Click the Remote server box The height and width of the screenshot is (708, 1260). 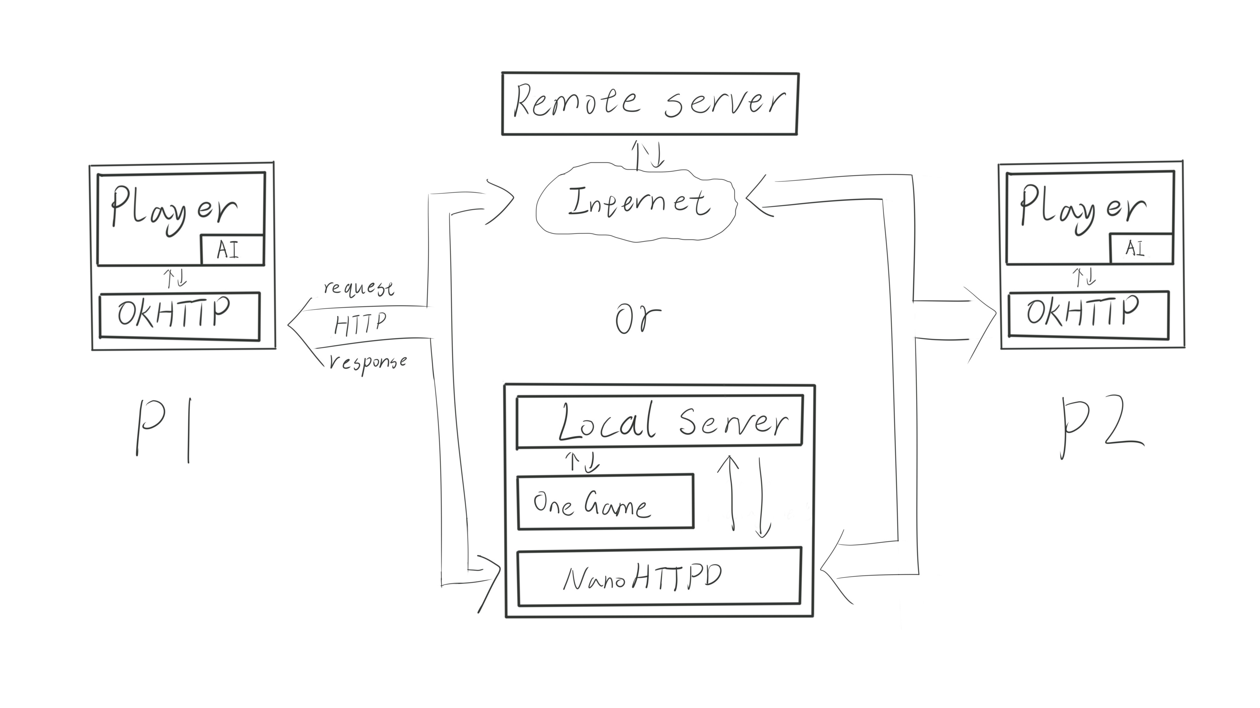click(650, 104)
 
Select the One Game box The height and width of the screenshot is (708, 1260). click(605, 502)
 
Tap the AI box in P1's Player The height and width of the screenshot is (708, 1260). click(232, 250)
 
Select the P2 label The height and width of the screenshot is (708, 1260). click(1100, 428)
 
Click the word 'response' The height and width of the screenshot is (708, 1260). click(368, 362)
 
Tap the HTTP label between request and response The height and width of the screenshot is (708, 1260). click(360, 323)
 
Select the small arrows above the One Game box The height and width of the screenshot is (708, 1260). click(582, 461)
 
